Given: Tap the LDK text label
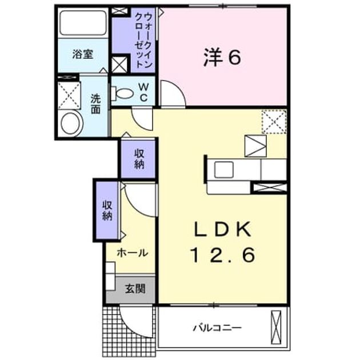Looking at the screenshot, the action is [x=222, y=229].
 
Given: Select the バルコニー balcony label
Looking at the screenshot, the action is [x=217, y=328].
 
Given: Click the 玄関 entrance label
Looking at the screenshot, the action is [x=135, y=289].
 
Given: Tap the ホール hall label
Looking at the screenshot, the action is [x=133, y=253].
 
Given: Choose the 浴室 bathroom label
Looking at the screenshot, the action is [x=83, y=54].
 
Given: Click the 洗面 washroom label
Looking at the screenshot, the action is [x=96, y=104].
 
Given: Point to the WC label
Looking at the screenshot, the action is [x=144, y=93].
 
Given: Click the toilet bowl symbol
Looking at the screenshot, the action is [x=122, y=93].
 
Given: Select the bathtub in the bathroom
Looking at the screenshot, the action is [x=83, y=23].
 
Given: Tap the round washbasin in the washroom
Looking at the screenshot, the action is [x=71, y=123].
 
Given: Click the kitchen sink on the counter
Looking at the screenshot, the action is [x=224, y=170].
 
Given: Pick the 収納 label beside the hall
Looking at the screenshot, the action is [x=107, y=210].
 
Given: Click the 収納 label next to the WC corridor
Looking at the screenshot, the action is [x=139, y=159].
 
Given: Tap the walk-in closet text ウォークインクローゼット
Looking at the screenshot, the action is [x=144, y=40].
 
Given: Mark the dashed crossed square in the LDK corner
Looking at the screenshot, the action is [x=274, y=122].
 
